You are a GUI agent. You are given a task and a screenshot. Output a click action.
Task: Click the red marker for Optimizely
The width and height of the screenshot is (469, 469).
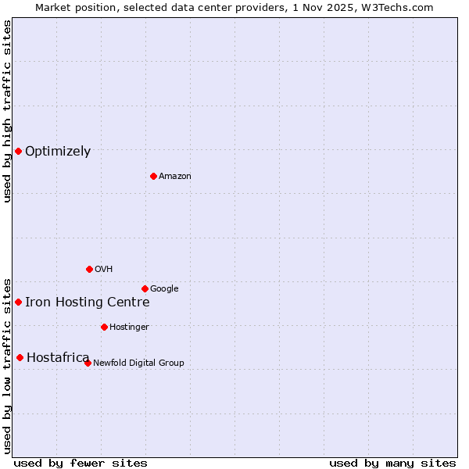(18, 151)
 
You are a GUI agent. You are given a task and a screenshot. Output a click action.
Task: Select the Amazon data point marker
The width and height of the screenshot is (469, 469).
(153, 176)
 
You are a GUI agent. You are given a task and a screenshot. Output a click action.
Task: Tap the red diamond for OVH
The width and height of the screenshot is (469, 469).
(89, 269)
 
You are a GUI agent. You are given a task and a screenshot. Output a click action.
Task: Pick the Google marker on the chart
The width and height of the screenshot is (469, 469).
(145, 288)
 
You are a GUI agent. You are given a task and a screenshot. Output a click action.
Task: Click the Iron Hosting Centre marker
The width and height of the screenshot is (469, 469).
(18, 302)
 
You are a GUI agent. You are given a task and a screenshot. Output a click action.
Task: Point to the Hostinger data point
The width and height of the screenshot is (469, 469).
(104, 327)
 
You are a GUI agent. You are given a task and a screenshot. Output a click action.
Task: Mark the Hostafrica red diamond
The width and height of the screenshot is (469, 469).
(20, 357)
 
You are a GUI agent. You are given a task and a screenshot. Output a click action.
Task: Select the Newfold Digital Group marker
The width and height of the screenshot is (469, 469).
(88, 363)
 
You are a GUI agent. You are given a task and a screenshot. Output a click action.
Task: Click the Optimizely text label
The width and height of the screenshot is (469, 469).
(58, 152)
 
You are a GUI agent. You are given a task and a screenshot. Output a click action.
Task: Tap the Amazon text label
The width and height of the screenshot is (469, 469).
(175, 177)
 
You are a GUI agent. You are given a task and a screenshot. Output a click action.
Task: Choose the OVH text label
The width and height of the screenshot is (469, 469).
(104, 270)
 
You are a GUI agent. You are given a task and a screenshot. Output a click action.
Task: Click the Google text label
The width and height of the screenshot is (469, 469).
(164, 289)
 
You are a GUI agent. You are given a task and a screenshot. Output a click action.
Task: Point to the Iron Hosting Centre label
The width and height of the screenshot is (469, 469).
(87, 303)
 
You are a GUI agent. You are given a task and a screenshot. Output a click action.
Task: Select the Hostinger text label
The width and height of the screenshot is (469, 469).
(129, 328)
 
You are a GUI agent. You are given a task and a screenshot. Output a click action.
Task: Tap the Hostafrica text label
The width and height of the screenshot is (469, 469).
(58, 358)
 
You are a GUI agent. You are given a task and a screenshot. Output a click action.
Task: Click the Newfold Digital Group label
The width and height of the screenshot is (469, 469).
(138, 363)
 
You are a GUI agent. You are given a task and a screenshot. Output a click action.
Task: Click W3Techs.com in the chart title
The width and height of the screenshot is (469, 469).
(394, 7)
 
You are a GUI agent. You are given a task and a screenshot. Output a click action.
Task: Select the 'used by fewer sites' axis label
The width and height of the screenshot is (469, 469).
(81, 463)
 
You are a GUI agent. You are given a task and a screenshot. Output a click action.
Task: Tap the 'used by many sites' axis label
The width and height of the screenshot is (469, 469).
(392, 463)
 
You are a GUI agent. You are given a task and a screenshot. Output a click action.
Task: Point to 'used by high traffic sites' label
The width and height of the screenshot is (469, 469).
(7, 111)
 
